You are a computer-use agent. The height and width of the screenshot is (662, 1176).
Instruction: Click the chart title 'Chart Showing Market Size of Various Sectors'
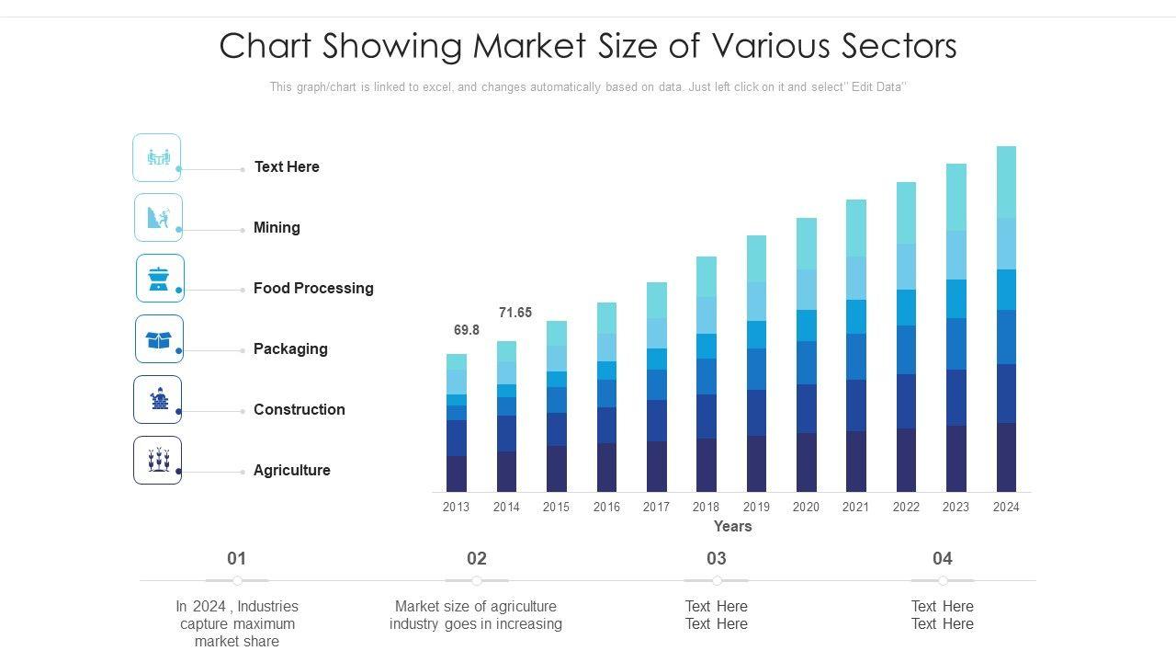click(588, 46)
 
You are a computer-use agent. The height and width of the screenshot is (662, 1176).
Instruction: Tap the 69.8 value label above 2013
click(467, 330)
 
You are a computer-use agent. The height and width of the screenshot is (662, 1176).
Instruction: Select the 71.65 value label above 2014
click(515, 313)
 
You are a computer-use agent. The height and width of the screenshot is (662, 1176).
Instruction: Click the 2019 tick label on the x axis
click(756, 507)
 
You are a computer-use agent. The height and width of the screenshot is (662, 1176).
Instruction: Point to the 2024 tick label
click(1006, 507)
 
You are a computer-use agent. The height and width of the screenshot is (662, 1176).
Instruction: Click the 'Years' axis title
click(732, 527)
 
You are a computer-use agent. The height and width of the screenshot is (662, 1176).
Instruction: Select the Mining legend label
click(277, 227)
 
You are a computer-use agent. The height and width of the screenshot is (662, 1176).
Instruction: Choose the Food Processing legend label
click(313, 288)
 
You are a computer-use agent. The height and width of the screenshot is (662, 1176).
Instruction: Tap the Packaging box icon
click(159, 339)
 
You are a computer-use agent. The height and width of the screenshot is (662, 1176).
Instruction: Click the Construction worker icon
click(159, 399)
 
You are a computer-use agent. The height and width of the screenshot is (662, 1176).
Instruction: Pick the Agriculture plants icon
click(158, 460)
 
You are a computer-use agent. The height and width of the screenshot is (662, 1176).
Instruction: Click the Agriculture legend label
click(291, 470)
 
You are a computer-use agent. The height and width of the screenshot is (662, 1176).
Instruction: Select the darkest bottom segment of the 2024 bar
click(1006, 457)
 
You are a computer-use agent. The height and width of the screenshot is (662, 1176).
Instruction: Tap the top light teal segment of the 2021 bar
click(856, 227)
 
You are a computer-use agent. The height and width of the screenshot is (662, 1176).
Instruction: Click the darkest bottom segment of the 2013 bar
click(457, 474)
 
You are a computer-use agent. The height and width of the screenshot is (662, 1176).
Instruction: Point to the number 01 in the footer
click(237, 558)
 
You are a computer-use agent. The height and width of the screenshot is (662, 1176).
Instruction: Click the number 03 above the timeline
click(717, 558)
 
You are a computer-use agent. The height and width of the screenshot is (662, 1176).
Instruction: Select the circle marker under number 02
click(477, 581)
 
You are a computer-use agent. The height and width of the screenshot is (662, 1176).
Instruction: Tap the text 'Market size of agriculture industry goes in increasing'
click(476, 615)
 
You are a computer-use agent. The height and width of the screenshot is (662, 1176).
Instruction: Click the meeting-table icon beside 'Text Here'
click(158, 158)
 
